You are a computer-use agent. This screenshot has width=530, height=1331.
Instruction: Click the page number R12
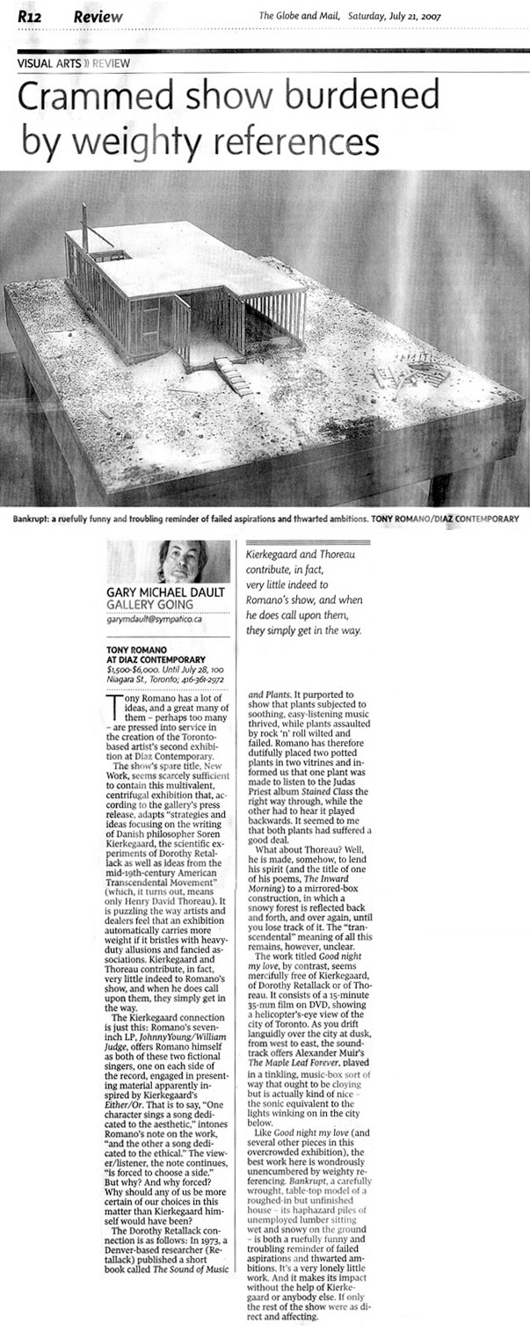coord(31,16)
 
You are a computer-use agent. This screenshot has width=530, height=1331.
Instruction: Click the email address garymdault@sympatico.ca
coord(156,621)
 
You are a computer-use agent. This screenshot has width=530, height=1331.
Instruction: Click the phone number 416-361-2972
coord(201,680)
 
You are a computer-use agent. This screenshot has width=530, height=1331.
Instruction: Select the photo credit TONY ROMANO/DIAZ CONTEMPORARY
coord(446,518)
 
